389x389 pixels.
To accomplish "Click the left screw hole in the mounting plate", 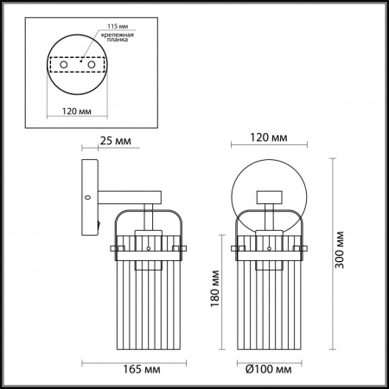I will pyautogui.click(x=62, y=64).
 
